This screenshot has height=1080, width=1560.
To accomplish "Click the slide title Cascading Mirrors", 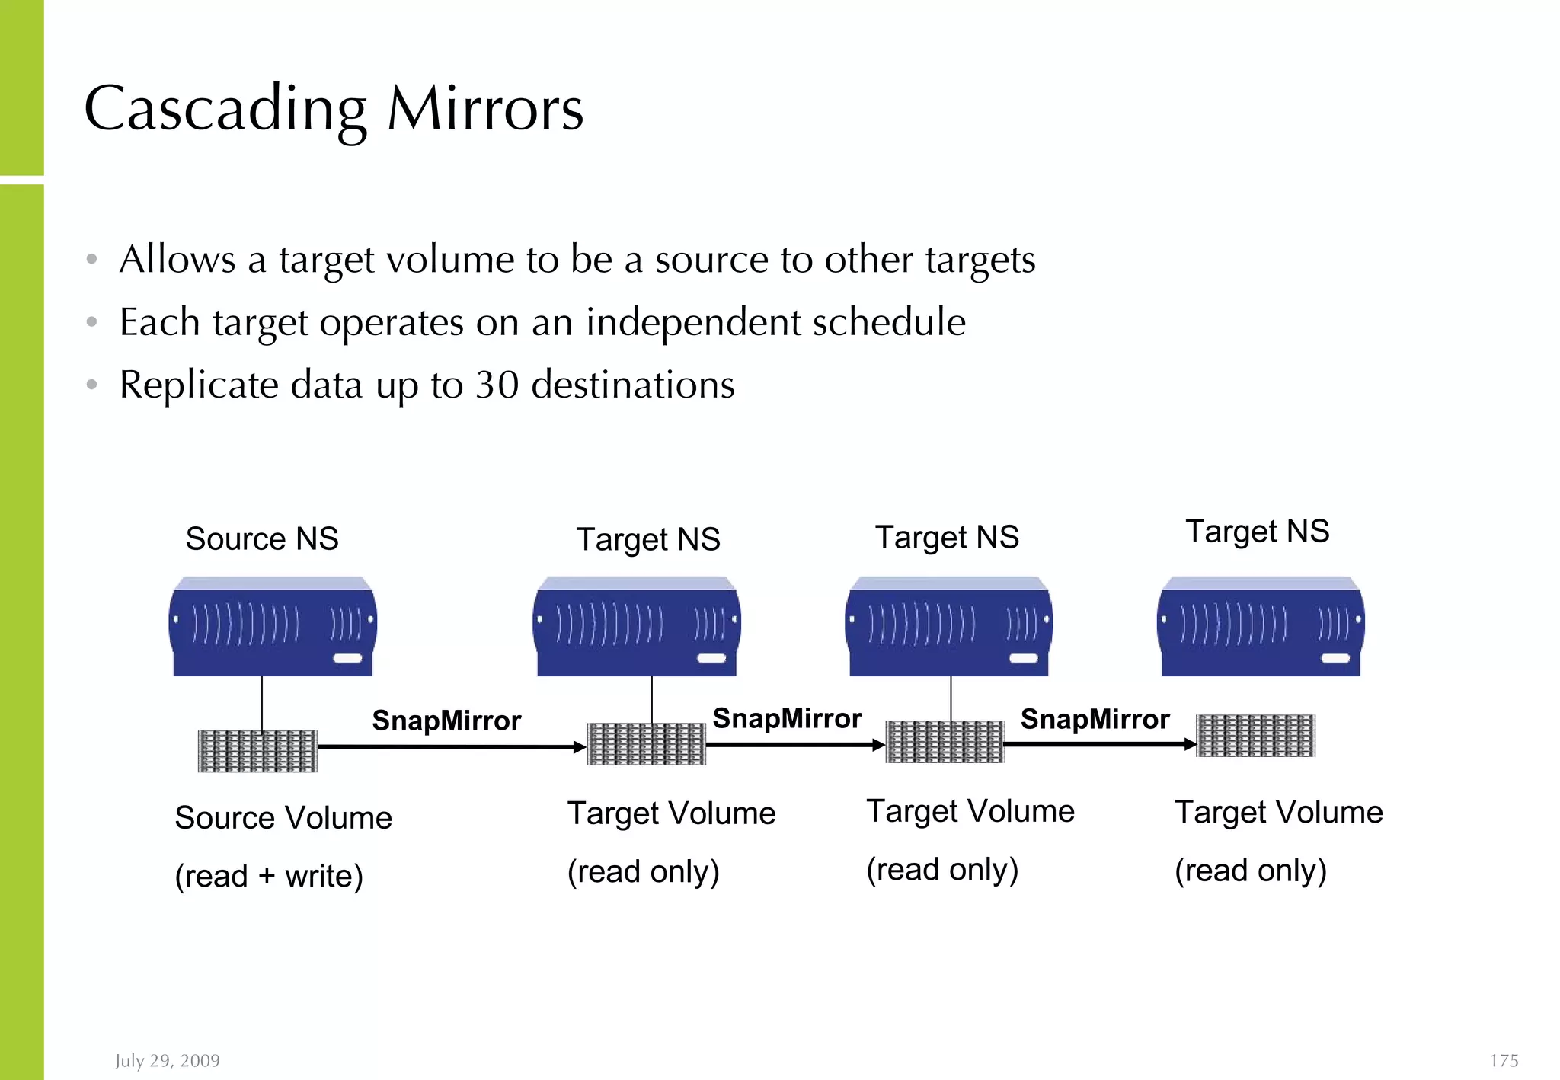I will (x=334, y=109).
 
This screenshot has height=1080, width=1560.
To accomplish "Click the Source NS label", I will (x=262, y=538).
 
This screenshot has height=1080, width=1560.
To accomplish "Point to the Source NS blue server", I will (x=272, y=627).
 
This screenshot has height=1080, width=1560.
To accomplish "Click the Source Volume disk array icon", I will (x=257, y=751).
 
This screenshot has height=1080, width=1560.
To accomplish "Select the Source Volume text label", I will (x=283, y=818).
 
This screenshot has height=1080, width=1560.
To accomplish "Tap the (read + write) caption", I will (x=269, y=876).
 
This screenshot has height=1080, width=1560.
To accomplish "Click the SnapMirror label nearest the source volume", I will (x=446, y=721).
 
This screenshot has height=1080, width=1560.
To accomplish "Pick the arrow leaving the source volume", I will (x=449, y=747).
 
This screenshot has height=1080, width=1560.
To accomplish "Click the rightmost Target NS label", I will (x=1258, y=532).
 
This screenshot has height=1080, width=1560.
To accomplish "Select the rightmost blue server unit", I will (x=1261, y=627).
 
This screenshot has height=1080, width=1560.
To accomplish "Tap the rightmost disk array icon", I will (x=1255, y=736).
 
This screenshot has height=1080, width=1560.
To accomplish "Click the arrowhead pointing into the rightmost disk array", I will (x=1190, y=744).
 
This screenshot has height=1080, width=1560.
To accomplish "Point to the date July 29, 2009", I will (x=168, y=1060).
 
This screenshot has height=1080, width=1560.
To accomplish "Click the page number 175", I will (x=1504, y=1060).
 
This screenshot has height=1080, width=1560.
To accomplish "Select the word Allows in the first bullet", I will (x=177, y=260).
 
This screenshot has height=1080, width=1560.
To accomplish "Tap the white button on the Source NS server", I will (x=347, y=658).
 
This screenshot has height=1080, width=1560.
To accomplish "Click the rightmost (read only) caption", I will (x=1251, y=871).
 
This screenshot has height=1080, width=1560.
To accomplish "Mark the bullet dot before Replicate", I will (x=92, y=385).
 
